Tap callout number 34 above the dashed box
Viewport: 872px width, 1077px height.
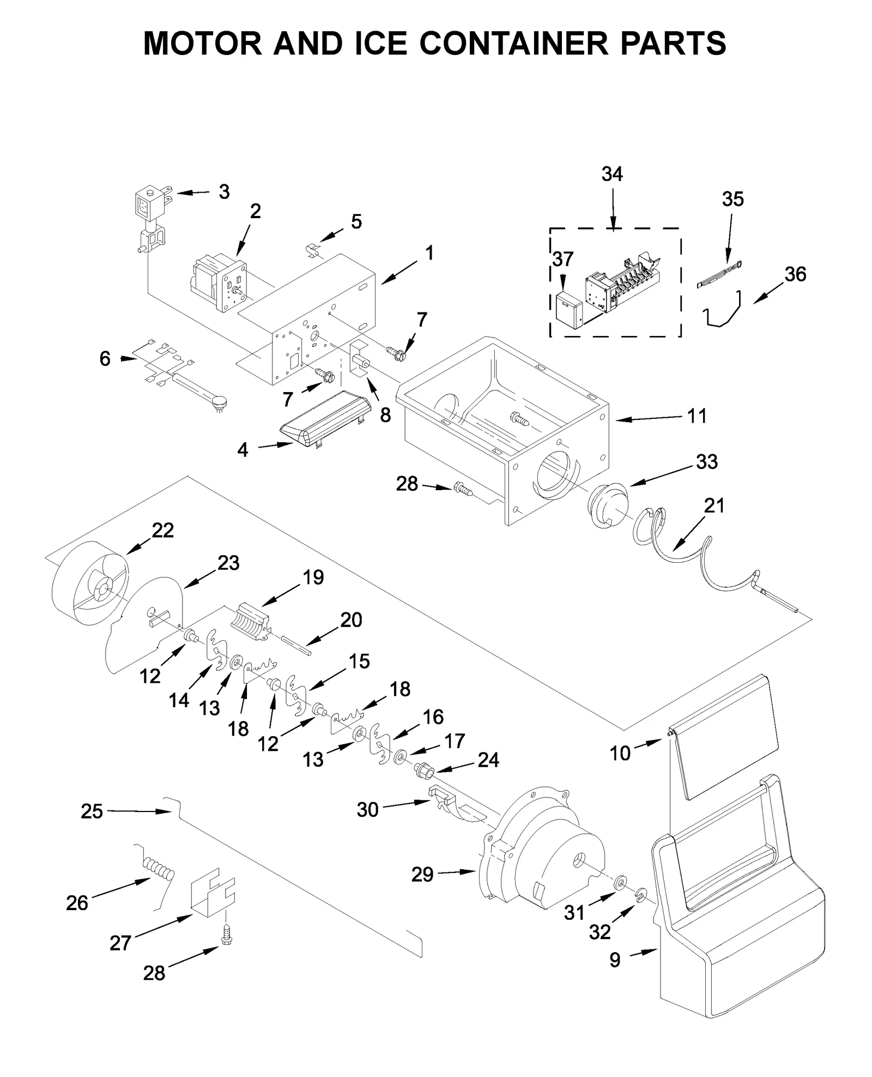(611, 175)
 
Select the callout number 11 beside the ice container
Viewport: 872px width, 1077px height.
(697, 416)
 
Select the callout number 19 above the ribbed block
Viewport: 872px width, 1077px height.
(313, 577)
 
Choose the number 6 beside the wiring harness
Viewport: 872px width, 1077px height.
(105, 359)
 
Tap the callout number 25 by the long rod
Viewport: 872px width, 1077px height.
(92, 811)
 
